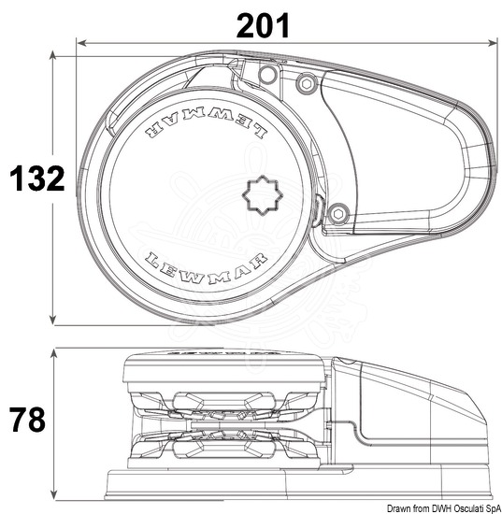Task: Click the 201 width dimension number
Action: [x=263, y=25]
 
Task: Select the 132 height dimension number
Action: [x=37, y=178]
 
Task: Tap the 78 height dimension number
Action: [x=27, y=420]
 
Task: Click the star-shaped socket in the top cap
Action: [x=263, y=195]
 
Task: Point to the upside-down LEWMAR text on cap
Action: [x=206, y=123]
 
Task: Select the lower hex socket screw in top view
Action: [x=337, y=214]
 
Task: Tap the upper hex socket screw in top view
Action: [x=307, y=84]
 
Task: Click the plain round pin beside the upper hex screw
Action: [x=268, y=75]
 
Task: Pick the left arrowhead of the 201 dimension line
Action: [x=81, y=43]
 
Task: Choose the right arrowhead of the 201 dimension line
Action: [x=493, y=43]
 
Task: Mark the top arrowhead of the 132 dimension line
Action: [x=52, y=55]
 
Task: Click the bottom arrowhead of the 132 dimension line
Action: [x=52, y=321]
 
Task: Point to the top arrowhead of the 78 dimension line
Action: [x=54, y=353]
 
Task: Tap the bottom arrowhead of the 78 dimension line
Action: [x=54, y=495]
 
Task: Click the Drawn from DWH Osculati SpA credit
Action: [x=444, y=509]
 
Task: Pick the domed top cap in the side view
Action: [x=224, y=367]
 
